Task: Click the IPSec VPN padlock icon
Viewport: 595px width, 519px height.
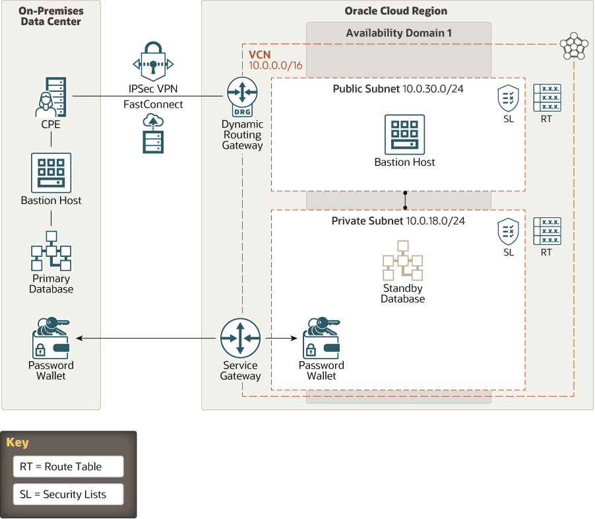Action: pos(153,61)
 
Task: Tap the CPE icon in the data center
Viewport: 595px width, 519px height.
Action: pos(51,97)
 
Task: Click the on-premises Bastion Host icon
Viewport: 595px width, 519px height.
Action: pos(51,173)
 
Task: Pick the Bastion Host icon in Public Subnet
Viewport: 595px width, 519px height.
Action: pos(404,135)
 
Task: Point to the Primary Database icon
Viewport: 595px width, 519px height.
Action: pos(51,251)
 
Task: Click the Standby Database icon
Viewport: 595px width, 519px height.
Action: pos(402,260)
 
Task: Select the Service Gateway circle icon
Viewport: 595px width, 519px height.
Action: pos(241,338)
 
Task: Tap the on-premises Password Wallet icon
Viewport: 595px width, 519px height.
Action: pos(51,338)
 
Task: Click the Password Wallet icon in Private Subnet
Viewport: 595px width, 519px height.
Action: pos(321,338)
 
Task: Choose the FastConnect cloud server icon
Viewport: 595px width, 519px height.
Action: pos(153,134)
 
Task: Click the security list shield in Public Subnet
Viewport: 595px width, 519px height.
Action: pos(508,98)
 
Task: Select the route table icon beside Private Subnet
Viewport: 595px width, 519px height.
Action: pos(547,231)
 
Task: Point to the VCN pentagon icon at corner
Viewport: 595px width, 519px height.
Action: pos(574,46)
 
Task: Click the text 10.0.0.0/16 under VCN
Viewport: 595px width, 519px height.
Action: pos(276,65)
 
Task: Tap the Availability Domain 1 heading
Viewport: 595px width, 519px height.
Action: pos(399,33)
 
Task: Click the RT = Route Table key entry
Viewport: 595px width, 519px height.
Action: pos(69,466)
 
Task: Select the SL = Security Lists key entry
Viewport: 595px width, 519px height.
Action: pos(69,494)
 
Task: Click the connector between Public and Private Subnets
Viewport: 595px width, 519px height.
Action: pos(405,200)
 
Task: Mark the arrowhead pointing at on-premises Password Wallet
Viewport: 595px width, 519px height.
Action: pos(79,338)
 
